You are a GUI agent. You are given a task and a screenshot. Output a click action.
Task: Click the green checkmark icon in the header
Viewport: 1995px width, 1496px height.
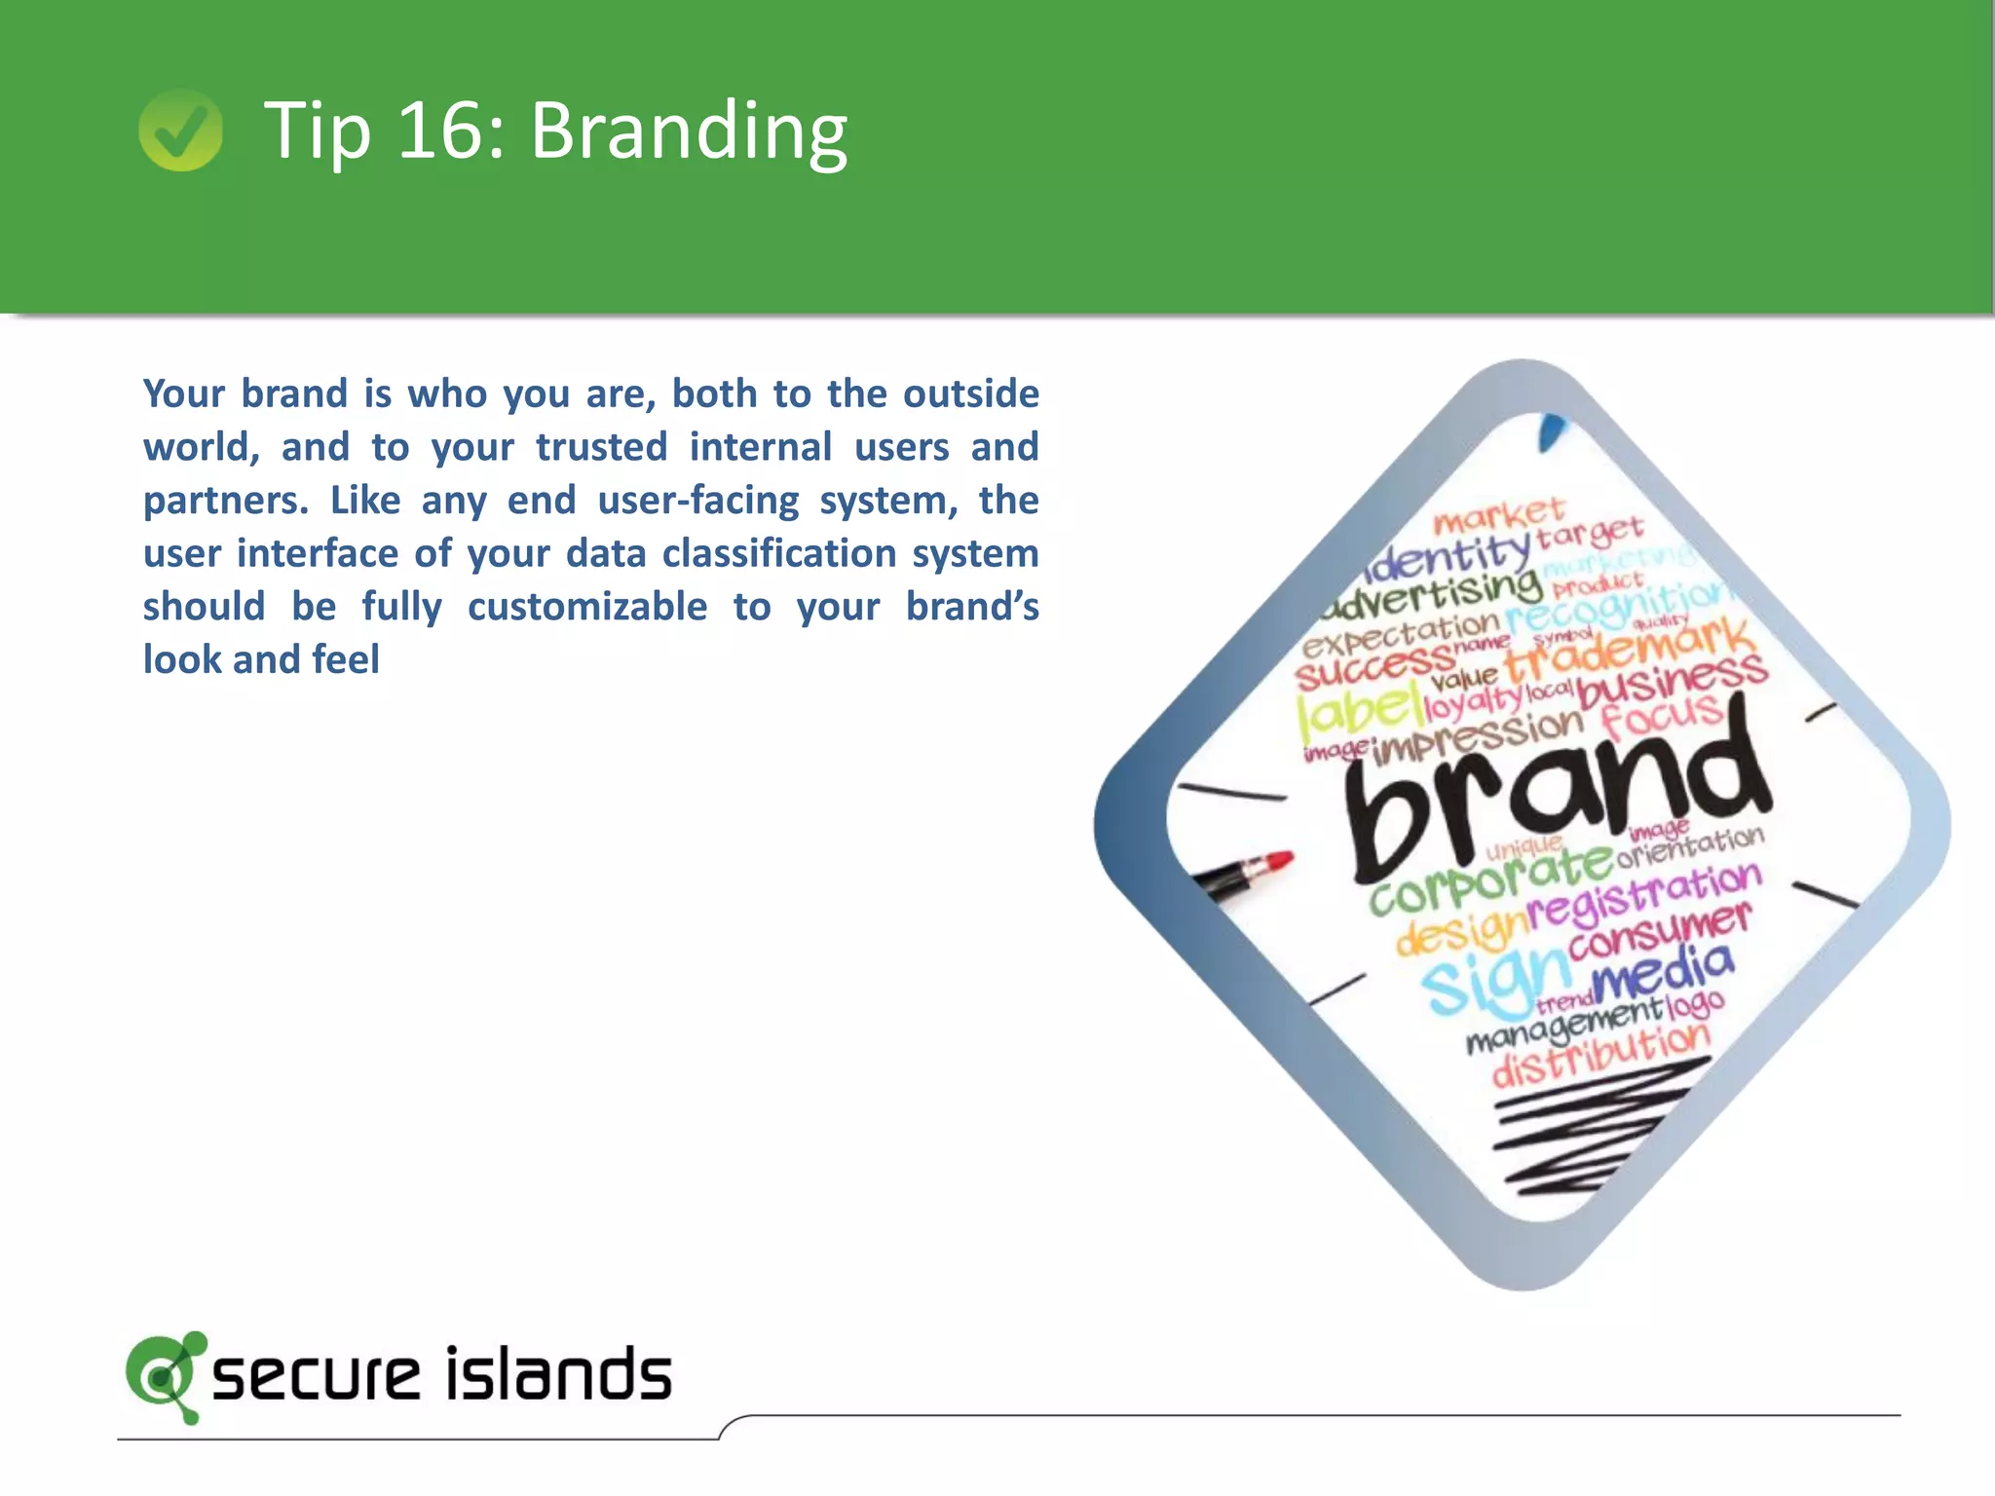(180, 131)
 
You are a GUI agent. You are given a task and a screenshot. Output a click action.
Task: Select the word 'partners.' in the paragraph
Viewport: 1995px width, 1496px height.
(225, 501)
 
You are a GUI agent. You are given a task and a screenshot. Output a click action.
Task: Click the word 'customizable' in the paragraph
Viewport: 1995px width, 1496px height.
(587, 607)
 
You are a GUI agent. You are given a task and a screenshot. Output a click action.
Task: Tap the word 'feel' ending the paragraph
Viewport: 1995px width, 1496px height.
(346, 659)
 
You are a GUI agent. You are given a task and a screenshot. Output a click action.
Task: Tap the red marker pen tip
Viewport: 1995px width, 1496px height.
(1277, 862)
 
